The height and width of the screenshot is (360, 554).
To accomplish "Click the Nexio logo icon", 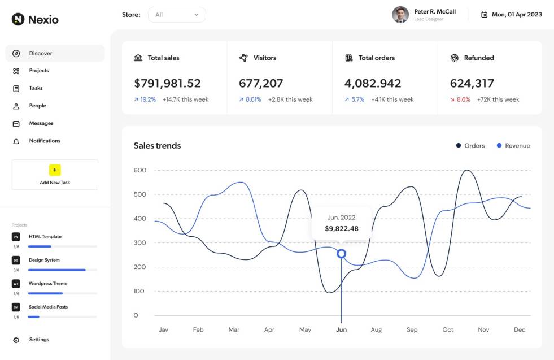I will click(18, 19).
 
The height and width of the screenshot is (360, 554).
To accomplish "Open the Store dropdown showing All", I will click(177, 15).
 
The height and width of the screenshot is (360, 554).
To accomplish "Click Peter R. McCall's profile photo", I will click(400, 15).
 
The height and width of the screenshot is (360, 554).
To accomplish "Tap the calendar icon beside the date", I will click(484, 15).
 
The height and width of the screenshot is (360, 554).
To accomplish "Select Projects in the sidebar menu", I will click(38, 71).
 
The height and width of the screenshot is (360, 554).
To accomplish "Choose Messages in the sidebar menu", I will click(41, 123).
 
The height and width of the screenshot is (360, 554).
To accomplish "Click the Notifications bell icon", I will click(16, 141).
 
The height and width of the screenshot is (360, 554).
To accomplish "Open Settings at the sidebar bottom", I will click(38, 340).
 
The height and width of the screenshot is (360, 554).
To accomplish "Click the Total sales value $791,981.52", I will click(167, 83).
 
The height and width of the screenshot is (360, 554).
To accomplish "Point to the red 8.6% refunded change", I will click(463, 99).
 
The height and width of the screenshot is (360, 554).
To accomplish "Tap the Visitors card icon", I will click(243, 58).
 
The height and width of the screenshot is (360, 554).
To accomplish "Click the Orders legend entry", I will click(470, 145).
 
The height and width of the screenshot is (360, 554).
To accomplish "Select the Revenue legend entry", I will click(513, 145).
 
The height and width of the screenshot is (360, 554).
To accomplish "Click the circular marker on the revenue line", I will click(341, 254).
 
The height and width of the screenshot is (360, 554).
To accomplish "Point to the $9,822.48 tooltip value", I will click(342, 229).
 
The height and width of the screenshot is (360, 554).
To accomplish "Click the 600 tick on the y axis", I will click(139, 170).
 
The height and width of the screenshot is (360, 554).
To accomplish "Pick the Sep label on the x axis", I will click(412, 329).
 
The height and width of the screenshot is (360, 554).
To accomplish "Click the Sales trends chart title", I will click(157, 145).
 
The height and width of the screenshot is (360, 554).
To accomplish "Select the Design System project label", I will click(44, 260).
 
